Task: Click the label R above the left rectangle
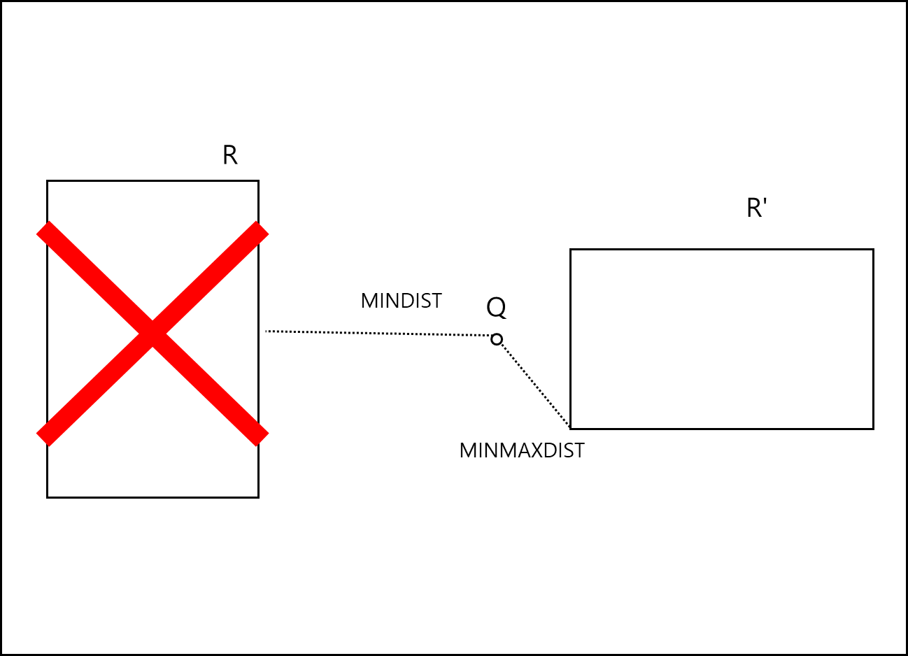[229, 155]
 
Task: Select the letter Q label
[496, 308]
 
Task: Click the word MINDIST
[401, 301]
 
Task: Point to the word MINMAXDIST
[521, 450]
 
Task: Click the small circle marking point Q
[497, 339]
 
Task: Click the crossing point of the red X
[152, 334]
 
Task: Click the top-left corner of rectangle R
[48, 181]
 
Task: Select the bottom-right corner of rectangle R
[258, 497]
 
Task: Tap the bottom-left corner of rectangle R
[48, 497]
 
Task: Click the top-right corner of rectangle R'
[873, 250]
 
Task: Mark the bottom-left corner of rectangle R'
[571, 428]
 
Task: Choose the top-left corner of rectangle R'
[571, 250]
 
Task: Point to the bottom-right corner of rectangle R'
[873, 428]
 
